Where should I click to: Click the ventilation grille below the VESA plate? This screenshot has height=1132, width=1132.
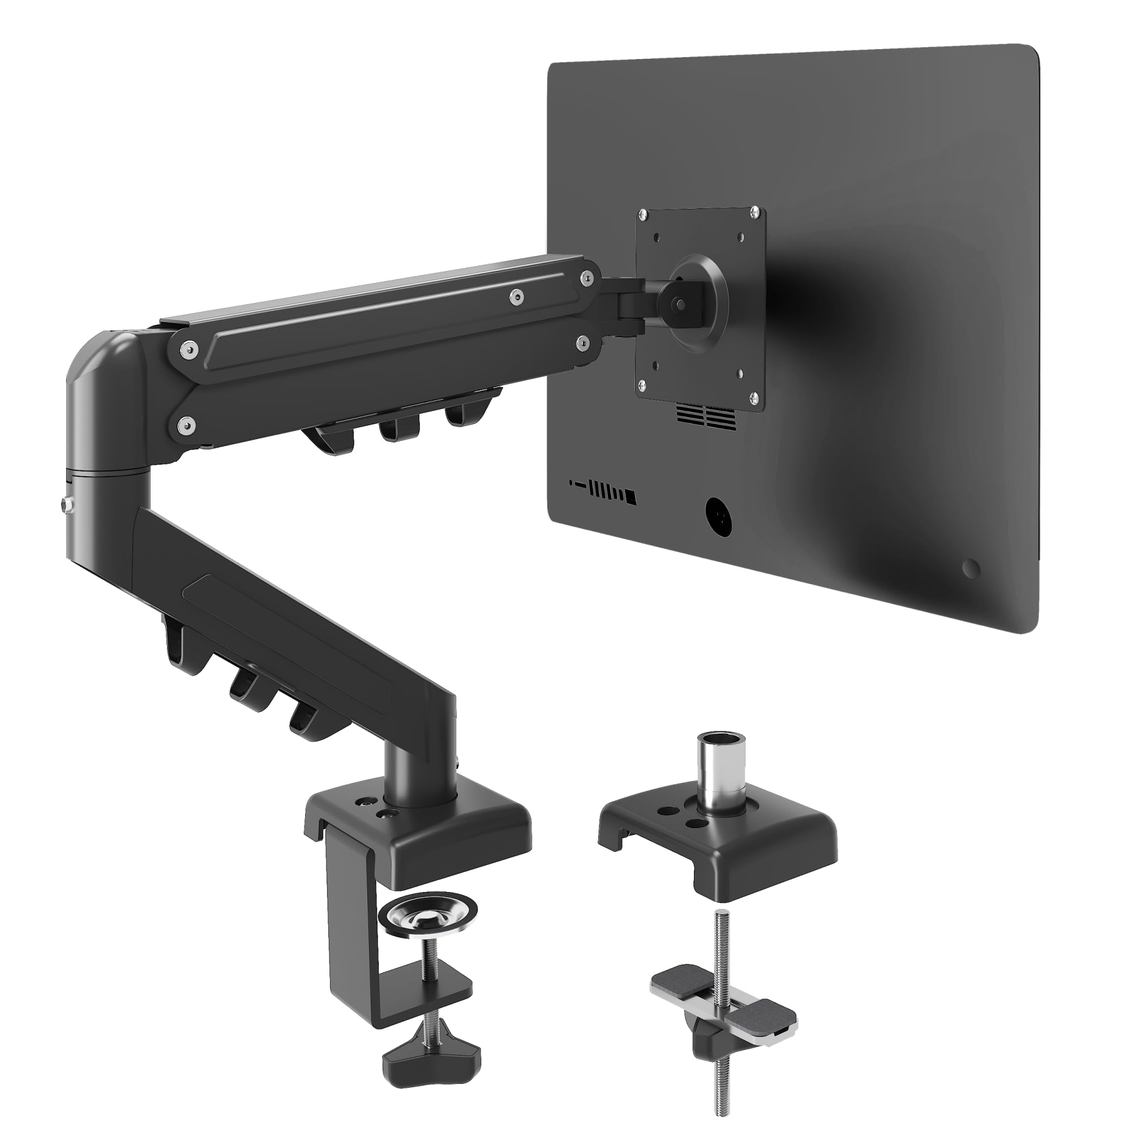tap(706, 417)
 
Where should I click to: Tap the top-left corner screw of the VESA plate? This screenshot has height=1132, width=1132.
tap(644, 216)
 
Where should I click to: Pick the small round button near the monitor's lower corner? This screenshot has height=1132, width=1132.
tap(971, 568)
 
